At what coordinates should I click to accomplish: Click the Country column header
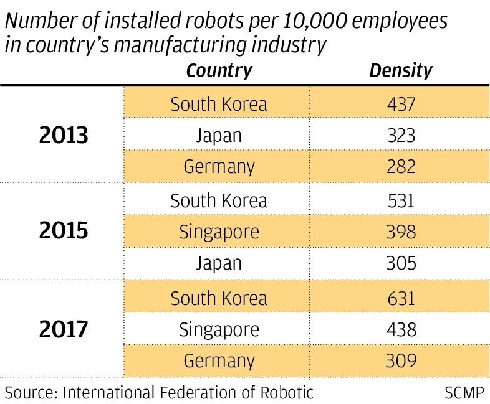point(219,70)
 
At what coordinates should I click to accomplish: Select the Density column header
point(400,70)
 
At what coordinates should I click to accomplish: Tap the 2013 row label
point(64,135)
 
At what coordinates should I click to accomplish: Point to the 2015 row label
point(64,232)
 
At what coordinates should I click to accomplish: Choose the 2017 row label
point(64,329)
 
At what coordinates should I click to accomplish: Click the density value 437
point(400,103)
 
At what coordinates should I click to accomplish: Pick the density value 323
point(400,135)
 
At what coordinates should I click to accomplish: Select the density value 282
point(400,167)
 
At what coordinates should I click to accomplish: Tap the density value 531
point(400,200)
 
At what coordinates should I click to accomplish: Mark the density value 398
point(400,232)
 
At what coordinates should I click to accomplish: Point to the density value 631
point(400,298)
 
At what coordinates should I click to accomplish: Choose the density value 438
point(400,329)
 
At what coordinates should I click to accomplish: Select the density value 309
point(400,360)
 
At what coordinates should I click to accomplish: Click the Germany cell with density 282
point(219,167)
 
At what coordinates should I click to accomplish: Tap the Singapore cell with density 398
point(219,232)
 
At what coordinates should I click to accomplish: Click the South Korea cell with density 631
point(219,298)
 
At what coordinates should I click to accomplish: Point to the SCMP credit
point(464,392)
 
